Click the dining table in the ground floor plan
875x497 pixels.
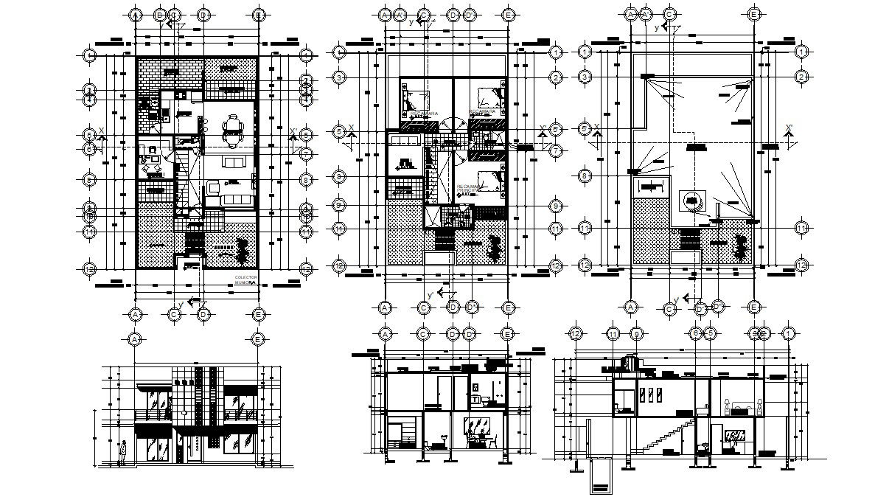coord(234,130)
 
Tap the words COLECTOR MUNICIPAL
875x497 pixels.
coord(246,279)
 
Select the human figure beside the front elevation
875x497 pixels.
coord(124,451)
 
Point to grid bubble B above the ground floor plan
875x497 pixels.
coord(159,14)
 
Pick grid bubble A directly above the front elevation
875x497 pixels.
coord(135,339)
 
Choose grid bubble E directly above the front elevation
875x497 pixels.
coord(258,339)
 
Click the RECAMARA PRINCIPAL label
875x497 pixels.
coord(482,111)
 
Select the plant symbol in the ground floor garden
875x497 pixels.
coord(240,251)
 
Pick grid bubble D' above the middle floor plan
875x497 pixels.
coord(470,14)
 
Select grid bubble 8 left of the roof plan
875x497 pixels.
coord(585,176)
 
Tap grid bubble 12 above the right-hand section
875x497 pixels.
coord(577,334)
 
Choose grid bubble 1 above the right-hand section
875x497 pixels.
coord(789,334)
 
